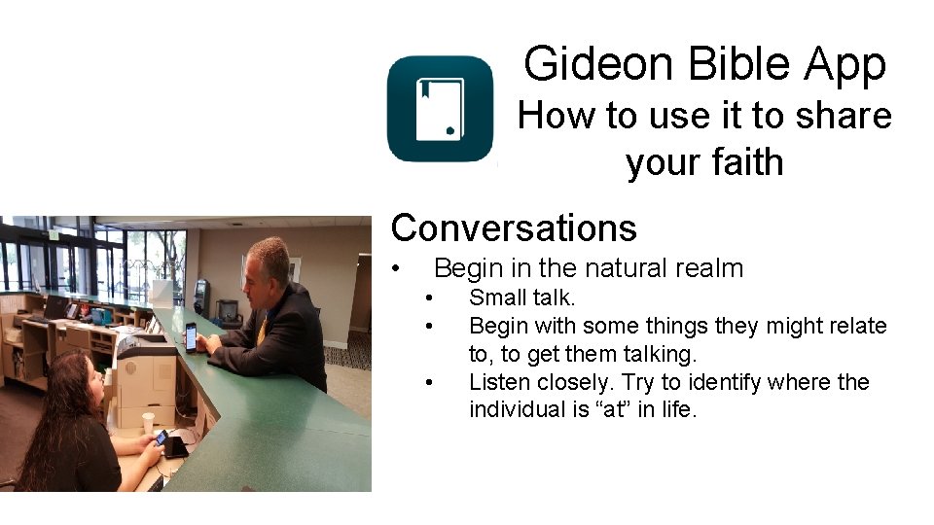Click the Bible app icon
click(x=440, y=108)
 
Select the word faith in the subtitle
click(x=745, y=161)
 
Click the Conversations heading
click(x=513, y=227)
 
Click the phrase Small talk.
click(x=521, y=297)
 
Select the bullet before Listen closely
click(x=429, y=382)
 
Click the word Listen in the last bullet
click(x=498, y=382)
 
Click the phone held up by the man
click(x=191, y=336)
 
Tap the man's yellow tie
click(x=261, y=330)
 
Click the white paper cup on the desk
click(x=148, y=423)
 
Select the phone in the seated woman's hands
click(x=161, y=437)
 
